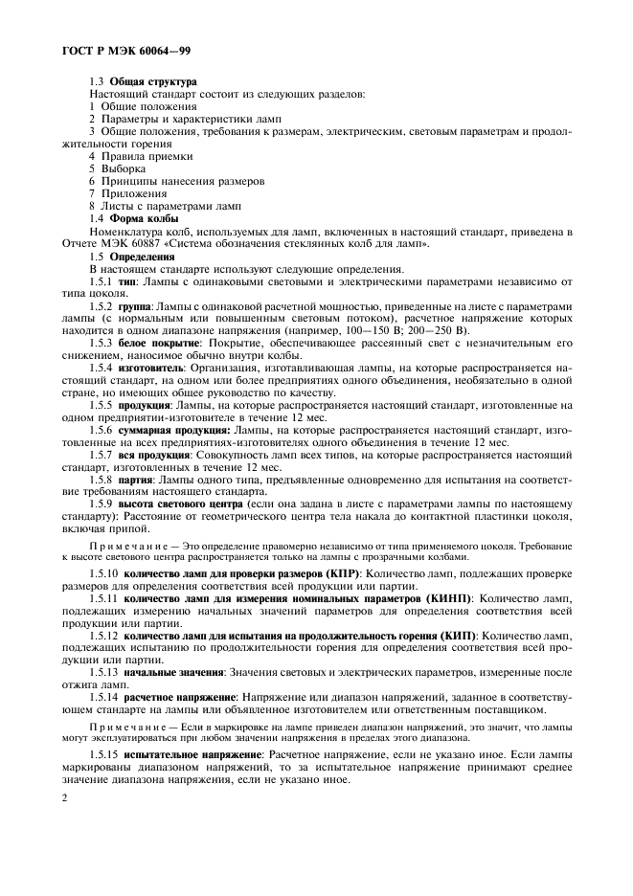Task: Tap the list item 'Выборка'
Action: [124, 168]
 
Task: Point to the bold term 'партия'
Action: [132, 480]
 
